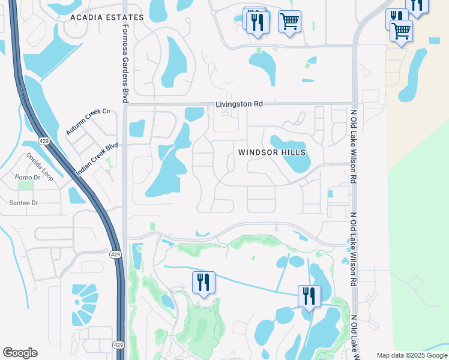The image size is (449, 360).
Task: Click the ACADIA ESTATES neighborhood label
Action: click(107, 17)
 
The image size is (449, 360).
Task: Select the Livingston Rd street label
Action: click(240, 104)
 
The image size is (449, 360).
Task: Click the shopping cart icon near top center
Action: click(289, 22)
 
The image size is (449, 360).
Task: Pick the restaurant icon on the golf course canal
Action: click(203, 282)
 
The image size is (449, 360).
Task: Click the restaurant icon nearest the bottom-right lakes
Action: click(309, 295)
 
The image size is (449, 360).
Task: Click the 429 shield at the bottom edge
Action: click(119, 345)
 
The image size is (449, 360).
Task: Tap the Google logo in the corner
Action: click(20, 353)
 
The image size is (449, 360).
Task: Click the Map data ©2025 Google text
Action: click(412, 355)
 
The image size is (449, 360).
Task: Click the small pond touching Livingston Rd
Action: click(194, 113)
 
